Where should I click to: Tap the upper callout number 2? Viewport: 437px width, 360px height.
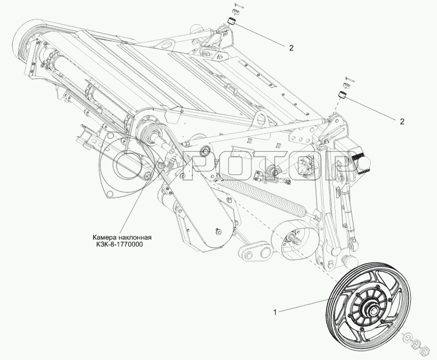291,48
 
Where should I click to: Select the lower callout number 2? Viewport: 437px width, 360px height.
402,121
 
